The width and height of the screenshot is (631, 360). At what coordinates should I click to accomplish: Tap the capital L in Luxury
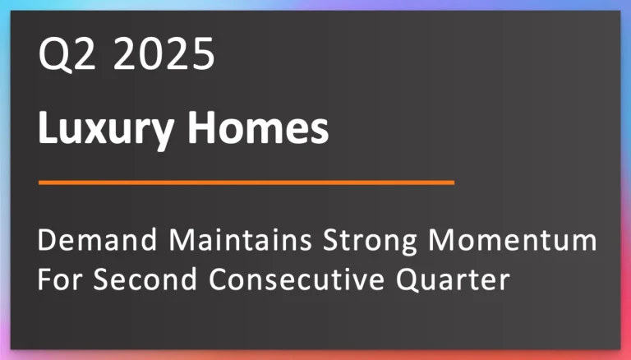[48, 129]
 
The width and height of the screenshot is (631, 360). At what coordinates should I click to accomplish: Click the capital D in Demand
[48, 243]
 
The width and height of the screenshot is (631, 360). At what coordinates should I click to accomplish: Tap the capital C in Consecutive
[221, 280]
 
